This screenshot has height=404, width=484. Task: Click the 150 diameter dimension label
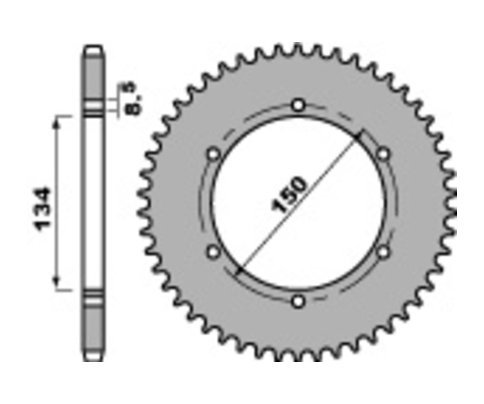(x=290, y=194)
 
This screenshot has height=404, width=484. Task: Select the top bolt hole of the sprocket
(x=298, y=105)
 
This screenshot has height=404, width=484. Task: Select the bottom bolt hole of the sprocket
(x=298, y=301)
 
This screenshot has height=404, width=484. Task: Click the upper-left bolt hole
(x=214, y=155)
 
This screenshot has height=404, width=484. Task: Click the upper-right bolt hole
(x=383, y=155)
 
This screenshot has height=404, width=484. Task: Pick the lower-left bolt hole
(x=214, y=251)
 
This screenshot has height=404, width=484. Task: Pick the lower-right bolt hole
(x=383, y=251)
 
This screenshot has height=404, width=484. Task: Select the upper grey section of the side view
(x=93, y=75)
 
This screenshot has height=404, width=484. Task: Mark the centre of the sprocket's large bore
(x=298, y=203)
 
